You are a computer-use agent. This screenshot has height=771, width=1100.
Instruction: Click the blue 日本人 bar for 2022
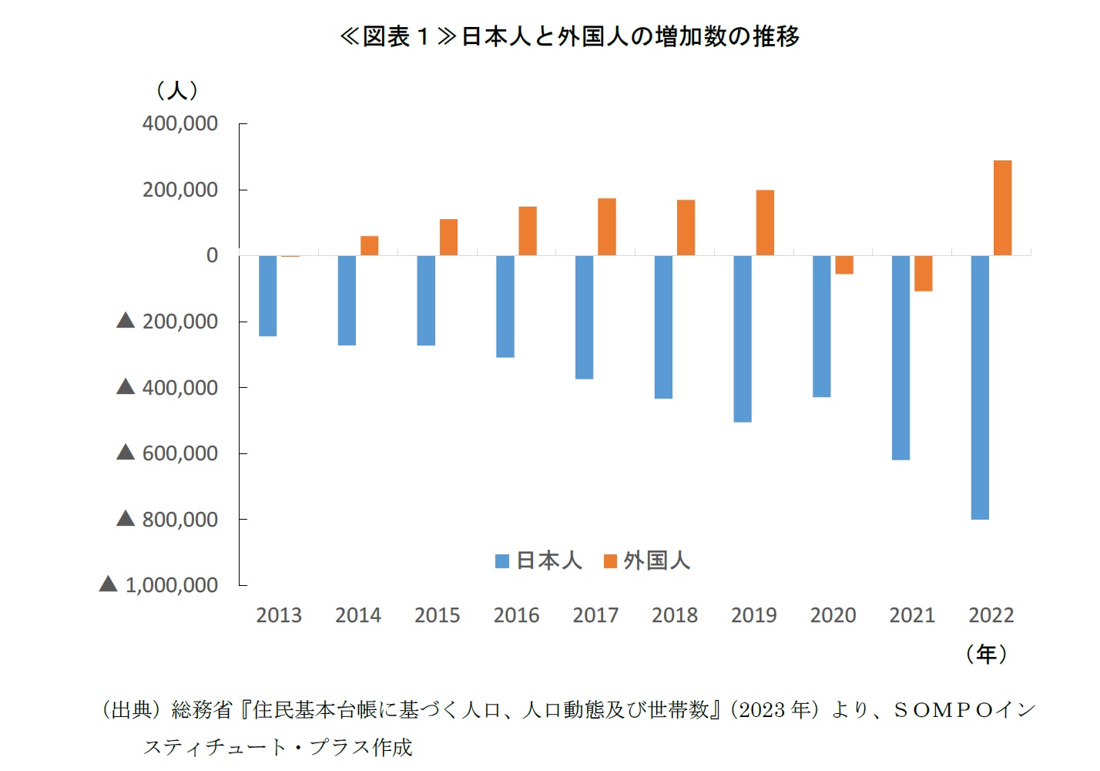[980, 387]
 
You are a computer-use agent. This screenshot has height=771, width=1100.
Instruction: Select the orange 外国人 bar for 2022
[1002, 207]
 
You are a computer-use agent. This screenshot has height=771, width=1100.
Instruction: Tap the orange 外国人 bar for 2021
[924, 273]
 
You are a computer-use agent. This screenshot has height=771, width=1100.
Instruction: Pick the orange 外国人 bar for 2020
[844, 264]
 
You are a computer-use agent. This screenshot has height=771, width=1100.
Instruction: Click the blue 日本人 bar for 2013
[267, 295]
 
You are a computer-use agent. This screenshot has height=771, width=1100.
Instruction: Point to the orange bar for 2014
[370, 245]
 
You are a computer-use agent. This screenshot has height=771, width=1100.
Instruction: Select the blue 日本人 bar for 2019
[743, 338]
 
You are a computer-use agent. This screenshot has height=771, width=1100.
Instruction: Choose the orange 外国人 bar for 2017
[607, 227]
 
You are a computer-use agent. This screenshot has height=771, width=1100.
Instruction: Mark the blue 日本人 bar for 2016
[505, 306]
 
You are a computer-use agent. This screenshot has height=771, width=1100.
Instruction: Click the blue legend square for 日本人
[502, 561]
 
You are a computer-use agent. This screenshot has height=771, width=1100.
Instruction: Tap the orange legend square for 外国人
[610, 561]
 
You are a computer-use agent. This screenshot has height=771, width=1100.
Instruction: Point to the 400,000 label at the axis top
[180, 123]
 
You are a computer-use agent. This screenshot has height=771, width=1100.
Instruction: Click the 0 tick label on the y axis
[212, 255]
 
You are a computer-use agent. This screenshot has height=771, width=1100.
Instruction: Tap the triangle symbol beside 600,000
[126, 453]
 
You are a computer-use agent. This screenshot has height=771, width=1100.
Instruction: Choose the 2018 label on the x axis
[675, 615]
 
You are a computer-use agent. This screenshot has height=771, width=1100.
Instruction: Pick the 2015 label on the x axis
[438, 615]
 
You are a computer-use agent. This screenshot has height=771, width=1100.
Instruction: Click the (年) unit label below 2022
[987, 655]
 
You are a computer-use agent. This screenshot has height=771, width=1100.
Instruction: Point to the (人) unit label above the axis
[177, 91]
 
